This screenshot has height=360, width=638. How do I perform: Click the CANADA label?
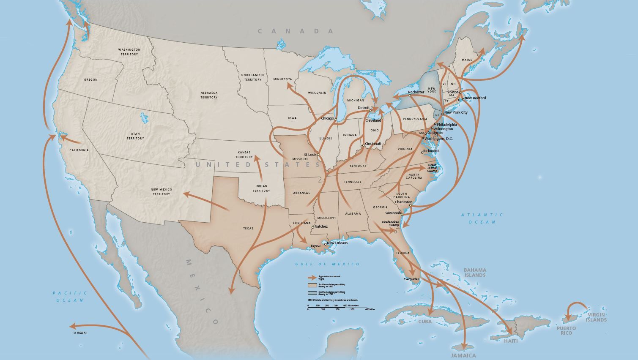(x=296, y=31)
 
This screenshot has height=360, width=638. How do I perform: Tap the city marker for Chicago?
(x=336, y=119)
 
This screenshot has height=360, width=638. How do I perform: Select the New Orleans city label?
(x=337, y=243)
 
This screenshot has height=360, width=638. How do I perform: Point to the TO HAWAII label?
(x=79, y=333)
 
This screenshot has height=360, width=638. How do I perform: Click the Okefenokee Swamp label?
(x=390, y=224)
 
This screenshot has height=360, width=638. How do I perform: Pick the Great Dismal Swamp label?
(x=432, y=168)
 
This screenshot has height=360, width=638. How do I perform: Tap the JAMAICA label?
(x=463, y=355)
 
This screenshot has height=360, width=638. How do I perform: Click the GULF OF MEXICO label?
(x=328, y=264)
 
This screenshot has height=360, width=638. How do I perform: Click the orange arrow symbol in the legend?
(x=312, y=278)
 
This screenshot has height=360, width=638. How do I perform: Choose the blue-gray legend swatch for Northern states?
(x=312, y=292)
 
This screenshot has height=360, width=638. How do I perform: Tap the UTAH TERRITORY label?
(x=135, y=136)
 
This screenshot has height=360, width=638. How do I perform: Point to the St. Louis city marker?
(x=318, y=155)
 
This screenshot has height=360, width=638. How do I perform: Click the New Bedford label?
(x=475, y=98)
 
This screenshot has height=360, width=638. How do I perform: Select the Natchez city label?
(x=321, y=226)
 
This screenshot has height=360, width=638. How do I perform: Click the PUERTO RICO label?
(x=566, y=330)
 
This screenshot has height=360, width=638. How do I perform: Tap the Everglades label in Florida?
(x=411, y=279)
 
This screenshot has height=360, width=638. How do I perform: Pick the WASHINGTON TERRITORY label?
(x=129, y=52)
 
